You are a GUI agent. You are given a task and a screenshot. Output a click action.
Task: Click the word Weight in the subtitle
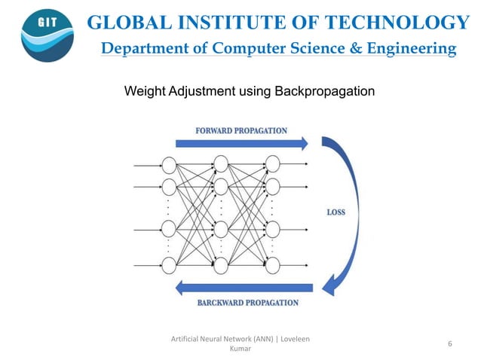click(x=143, y=92)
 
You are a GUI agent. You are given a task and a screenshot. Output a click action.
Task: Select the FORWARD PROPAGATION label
click(x=241, y=130)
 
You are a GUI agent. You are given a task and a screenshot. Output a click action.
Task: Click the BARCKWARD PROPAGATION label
click(x=248, y=303)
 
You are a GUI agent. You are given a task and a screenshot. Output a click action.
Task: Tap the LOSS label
click(x=336, y=212)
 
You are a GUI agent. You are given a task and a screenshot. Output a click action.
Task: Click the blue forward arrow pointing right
click(x=241, y=143)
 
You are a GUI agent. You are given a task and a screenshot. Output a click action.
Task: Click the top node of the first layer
click(x=169, y=163)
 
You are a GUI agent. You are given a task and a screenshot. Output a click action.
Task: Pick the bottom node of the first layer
click(x=169, y=264)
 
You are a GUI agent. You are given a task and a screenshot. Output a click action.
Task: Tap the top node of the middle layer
click(x=221, y=163)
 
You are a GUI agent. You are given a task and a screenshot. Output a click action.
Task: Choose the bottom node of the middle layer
click(x=221, y=264)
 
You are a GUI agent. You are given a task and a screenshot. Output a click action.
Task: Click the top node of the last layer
click(x=272, y=163)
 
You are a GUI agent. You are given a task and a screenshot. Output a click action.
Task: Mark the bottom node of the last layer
click(x=272, y=264)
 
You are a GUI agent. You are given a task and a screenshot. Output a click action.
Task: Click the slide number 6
click(x=449, y=343)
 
